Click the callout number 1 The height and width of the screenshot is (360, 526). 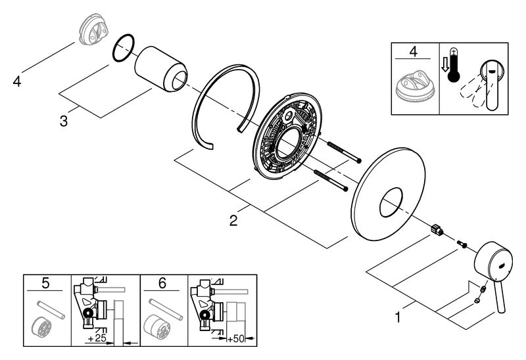coord(397,318)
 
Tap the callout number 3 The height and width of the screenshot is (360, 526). coord(63,121)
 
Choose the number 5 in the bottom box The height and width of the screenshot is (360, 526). coord(45,284)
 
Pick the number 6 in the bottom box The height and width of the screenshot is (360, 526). coord(163,284)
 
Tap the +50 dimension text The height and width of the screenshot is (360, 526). coord(235,338)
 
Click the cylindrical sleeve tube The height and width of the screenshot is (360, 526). coord(161,68)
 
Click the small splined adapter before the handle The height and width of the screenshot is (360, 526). coord(435,230)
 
